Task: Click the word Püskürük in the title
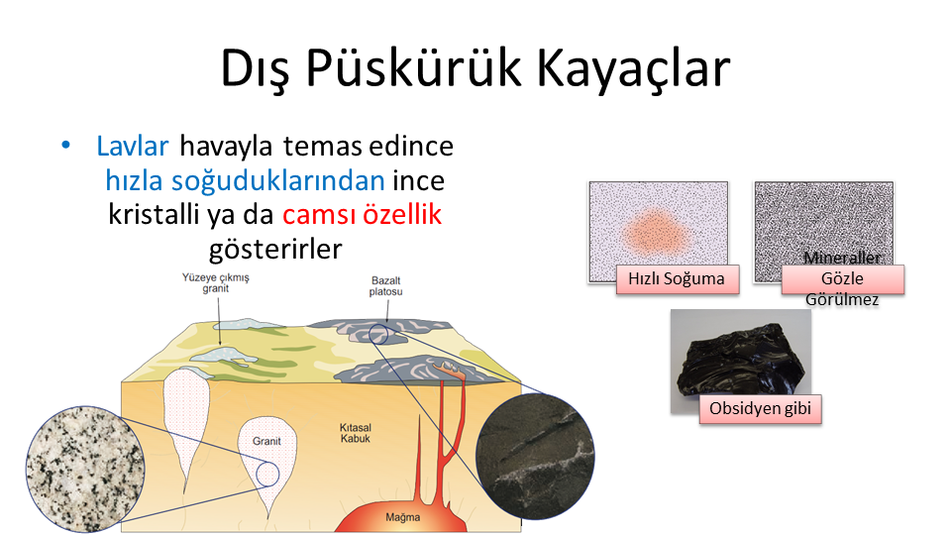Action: tap(413, 67)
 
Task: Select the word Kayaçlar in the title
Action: tap(633, 67)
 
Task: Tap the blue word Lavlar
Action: tap(132, 147)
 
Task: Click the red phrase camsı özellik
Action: tap(363, 214)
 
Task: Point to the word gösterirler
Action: tap(275, 250)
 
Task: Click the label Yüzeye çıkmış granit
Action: tap(216, 282)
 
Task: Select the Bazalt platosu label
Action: tap(385, 285)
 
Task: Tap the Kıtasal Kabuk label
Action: tap(356, 433)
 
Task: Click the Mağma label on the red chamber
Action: tap(403, 517)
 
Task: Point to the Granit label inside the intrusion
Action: tap(266, 441)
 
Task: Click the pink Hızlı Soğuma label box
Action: tap(678, 279)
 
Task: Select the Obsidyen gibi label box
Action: tap(760, 409)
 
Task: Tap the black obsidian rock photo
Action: tap(742, 361)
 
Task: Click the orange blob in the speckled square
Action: tap(656, 233)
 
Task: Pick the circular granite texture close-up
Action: tap(85, 469)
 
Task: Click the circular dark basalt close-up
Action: tap(535, 456)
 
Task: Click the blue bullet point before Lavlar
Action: tap(66, 145)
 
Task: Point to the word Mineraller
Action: tap(842, 258)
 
